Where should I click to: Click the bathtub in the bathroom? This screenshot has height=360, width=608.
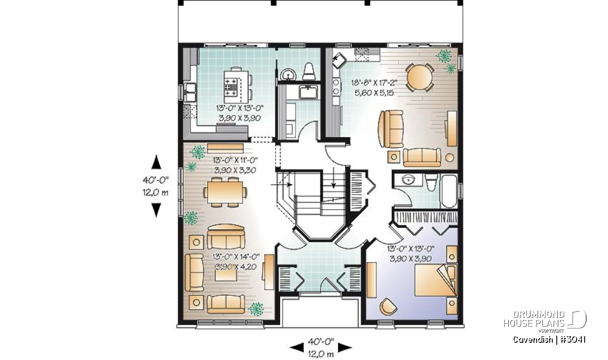[449, 191]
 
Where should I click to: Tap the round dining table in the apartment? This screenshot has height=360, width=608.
[420, 77]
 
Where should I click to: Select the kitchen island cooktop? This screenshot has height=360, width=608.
[231, 87]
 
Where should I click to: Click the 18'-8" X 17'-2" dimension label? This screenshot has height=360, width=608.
[374, 83]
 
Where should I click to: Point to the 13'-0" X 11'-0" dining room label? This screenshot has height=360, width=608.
[235, 160]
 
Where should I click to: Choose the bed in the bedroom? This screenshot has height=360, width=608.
[436, 279]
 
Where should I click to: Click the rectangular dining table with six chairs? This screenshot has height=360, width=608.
[225, 192]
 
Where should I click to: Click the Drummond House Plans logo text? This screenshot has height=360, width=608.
[534, 319]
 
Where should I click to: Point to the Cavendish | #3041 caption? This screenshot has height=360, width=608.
[549, 340]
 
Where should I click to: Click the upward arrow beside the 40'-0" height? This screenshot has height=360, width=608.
[156, 162]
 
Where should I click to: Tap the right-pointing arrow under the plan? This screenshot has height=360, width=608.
[345, 347]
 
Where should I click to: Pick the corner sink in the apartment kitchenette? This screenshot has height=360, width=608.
[339, 61]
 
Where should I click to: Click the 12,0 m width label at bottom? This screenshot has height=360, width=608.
[321, 354]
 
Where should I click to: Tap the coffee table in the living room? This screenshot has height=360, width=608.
[226, 274]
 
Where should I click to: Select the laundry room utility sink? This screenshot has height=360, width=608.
[309, 92]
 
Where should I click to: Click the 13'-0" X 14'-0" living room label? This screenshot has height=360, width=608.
[236, 256]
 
